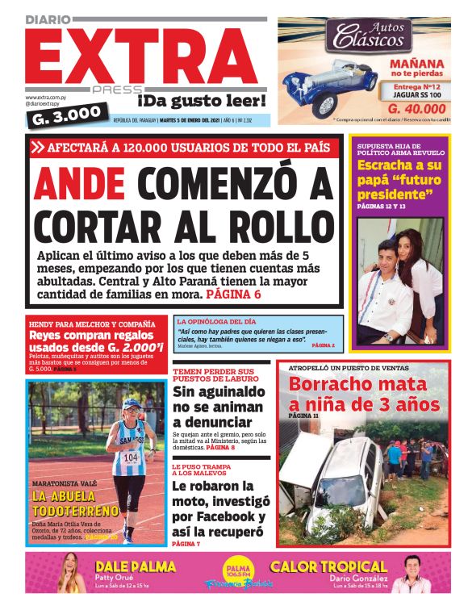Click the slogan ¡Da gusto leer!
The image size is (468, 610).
point(201,102)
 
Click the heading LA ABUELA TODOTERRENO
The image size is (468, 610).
point(74,503)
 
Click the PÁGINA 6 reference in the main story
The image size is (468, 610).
point(234,295)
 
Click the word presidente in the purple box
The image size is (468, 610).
point(391,195)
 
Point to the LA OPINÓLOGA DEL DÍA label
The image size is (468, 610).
point(216,321)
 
